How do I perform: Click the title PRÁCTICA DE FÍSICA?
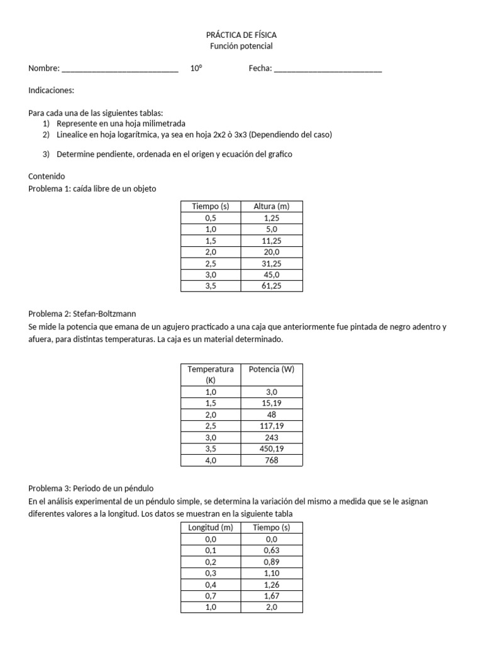(241, 35)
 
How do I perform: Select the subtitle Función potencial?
(241, 46)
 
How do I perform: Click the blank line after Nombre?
(120, 69)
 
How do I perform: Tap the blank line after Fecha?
(328, 69)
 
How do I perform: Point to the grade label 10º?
(196, 69)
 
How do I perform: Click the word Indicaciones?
(51, 91)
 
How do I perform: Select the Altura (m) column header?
(272, 206)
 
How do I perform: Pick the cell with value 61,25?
(272, 285)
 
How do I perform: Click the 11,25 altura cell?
(272, 240)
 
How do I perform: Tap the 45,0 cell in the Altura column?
(272, 274)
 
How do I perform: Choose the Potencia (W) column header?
(272, 369)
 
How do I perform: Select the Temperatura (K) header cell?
(211, 374)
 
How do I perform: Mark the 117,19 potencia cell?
(272, 426)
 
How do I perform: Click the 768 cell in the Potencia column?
(272, 460)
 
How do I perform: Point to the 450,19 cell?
(272, 448)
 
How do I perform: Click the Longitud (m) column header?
(211, 527)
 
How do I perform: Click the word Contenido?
(47, 176)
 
